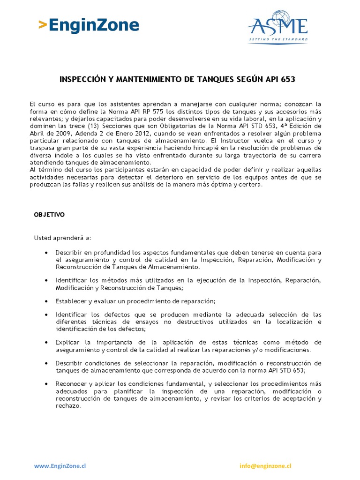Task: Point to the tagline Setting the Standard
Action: [x=277, y=40]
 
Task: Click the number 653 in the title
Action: [x=288, y=80]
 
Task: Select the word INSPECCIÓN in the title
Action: [x=82, y=80]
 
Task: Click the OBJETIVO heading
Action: [x=49, y=215]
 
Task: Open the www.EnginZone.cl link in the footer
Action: [x=60, y=466]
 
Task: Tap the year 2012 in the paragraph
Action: [x=141, y=134]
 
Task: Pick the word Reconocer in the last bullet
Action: [x=70, y=383]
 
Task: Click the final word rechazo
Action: [x=68, y=406]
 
